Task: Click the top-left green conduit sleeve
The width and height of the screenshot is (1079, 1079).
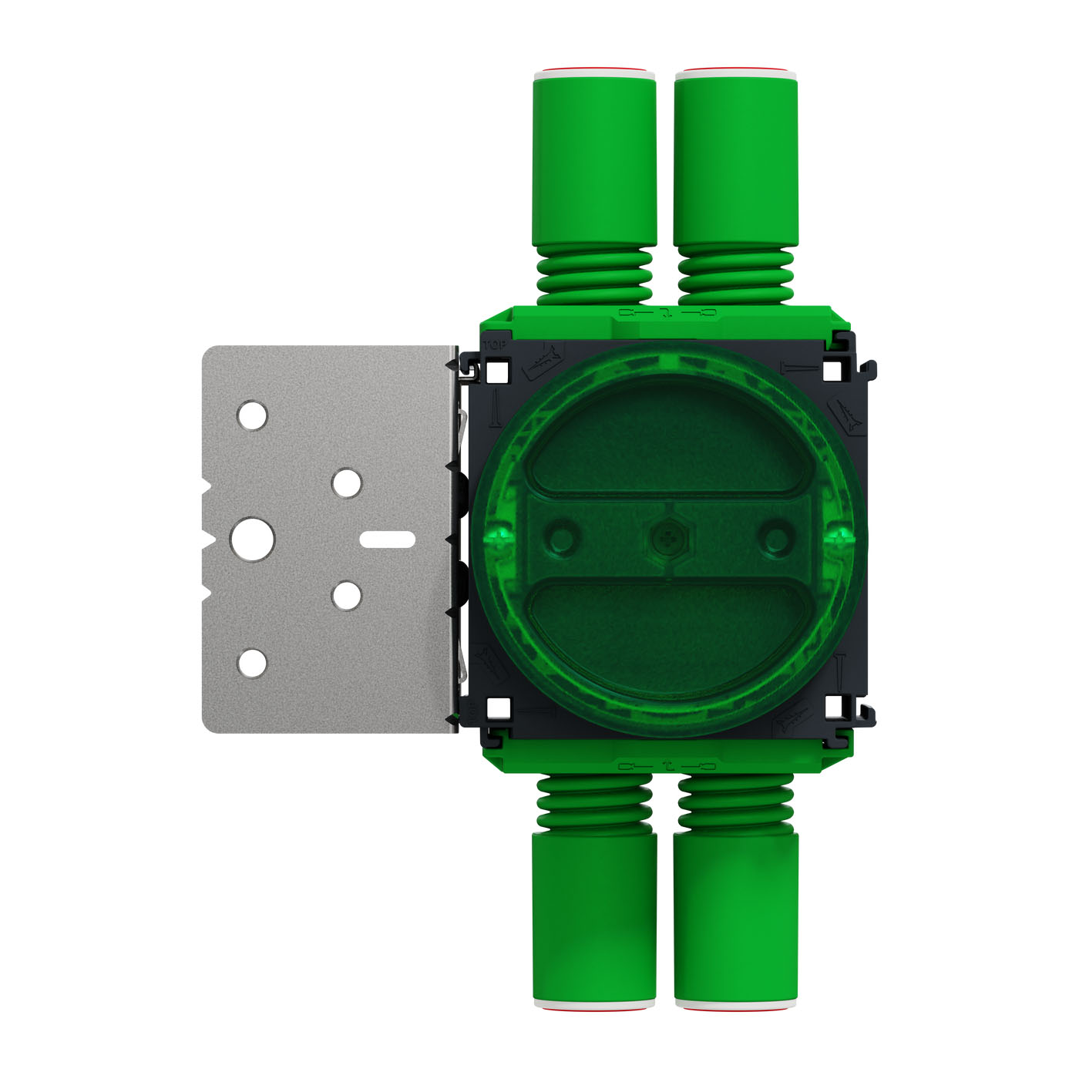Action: pyautogui.click(x=594, y=158)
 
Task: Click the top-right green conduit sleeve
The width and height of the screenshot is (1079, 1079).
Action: pyautogui.click(x=736, y=158)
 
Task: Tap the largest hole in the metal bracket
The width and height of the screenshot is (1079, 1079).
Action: pyautogui.click(x=253, y=539)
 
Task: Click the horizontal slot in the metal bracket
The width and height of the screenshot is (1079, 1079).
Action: pyautogui.click(x=388, y=539)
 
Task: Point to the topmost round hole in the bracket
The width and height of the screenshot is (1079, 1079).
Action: pyautogui.click(x=252, y=415)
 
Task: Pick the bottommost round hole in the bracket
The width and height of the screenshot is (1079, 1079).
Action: pyautogui.click(x=252, y=664)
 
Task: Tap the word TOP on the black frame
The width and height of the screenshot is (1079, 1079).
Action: pyautogui.click(x=494, y=345)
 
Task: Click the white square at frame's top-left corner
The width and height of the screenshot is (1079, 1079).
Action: pyautogui.click(x=497, y=372)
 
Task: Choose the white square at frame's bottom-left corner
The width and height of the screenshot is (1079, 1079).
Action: pyautogui.click(x=497, y=708)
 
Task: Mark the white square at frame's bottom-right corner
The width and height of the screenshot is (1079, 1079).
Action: pyautogui.click(x=832, y=708)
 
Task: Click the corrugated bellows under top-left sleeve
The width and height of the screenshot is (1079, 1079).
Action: pyautogui.click(x=594, y=275)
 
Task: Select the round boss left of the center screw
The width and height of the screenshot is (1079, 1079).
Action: pyautogui.click(x=562, y=538)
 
